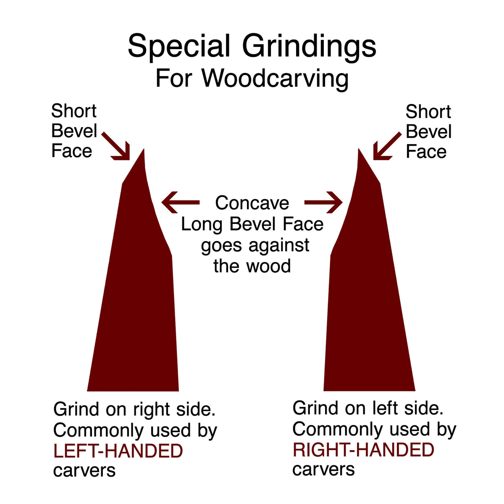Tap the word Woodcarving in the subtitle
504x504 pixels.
pos(275,79)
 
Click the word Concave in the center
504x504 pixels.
pos(252,203)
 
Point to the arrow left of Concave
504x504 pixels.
pos(181,202)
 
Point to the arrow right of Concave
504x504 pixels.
pos(323,202)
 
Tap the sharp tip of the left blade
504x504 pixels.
pos(144,149)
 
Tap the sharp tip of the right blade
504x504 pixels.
pos(359,149)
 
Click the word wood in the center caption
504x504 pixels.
pos(269,266)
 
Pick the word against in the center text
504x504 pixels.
pos(279,246)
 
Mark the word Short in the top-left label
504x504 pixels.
pos(74,111)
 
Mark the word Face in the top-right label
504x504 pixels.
pos(426,152)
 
